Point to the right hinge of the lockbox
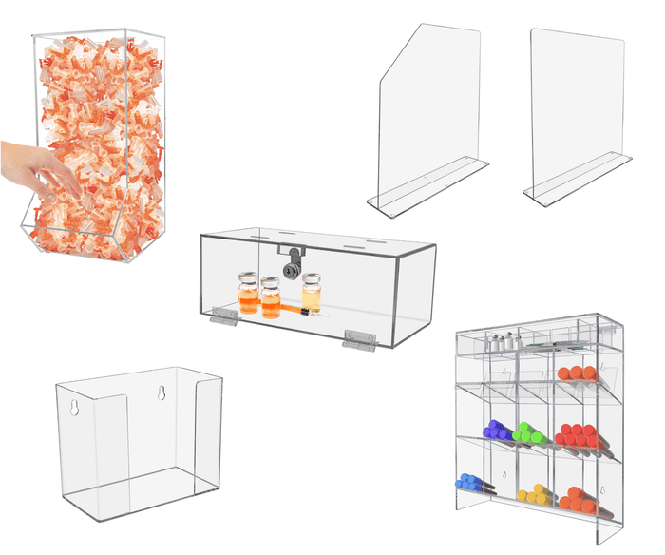pyautogui.click(x=360, y=335)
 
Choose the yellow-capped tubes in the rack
pyautogui.click(x=534, y=494)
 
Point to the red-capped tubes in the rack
pyautogui.click(x=578, y=435)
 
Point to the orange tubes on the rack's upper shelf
pyautogui.click(x=577, y=373)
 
